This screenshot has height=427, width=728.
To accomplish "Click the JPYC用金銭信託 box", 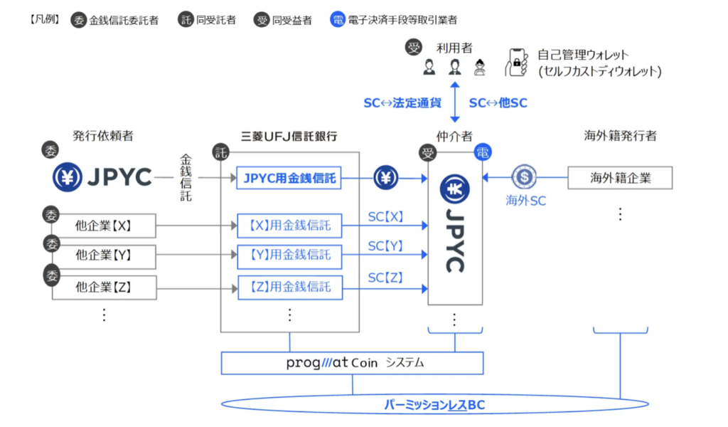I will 289,178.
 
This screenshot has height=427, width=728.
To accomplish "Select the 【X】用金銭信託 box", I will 289,226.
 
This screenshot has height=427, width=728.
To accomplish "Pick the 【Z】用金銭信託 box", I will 289,288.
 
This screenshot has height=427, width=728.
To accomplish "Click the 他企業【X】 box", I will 104,226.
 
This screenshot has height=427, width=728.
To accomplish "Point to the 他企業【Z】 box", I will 104,287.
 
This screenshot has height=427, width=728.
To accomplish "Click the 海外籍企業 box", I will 620,178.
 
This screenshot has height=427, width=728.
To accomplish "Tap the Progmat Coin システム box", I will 353,363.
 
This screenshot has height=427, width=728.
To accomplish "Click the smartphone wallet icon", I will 516,63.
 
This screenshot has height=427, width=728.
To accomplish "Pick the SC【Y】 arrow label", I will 385,246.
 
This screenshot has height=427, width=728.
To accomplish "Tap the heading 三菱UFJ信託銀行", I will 289,135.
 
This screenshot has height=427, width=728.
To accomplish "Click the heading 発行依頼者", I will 102,135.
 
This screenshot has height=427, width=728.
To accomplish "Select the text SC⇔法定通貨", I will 402,102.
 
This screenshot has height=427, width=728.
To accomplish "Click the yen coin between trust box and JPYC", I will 385,178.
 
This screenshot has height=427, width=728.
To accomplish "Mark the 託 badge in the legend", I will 186,20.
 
